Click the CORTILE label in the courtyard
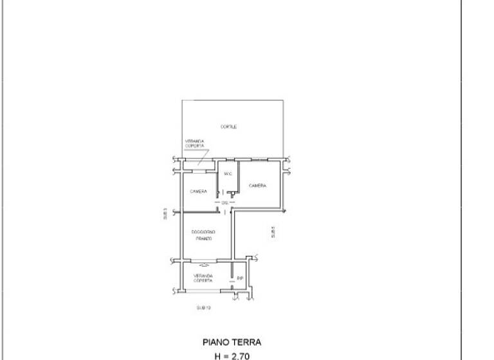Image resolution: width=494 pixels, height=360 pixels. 228,127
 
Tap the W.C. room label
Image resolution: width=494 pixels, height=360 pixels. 227,174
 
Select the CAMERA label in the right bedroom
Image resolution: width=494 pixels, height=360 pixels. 258,186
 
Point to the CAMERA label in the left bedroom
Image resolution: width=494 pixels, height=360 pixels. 198,192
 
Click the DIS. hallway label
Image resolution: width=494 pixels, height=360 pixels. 224,203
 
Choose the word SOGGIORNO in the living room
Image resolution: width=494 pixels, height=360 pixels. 203,231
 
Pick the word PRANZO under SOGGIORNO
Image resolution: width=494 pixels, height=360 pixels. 203,239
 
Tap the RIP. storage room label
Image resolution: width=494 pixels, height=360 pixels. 239,278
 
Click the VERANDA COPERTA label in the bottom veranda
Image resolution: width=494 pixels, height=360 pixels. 203,278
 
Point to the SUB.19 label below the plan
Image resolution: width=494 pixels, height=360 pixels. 203,308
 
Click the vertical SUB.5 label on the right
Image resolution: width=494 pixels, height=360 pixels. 273,232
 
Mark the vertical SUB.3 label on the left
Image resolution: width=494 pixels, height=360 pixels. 165,214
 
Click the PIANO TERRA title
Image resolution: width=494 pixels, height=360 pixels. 232,343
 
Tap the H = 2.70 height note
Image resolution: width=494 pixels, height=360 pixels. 232,355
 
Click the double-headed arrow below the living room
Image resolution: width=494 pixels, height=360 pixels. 203,264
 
